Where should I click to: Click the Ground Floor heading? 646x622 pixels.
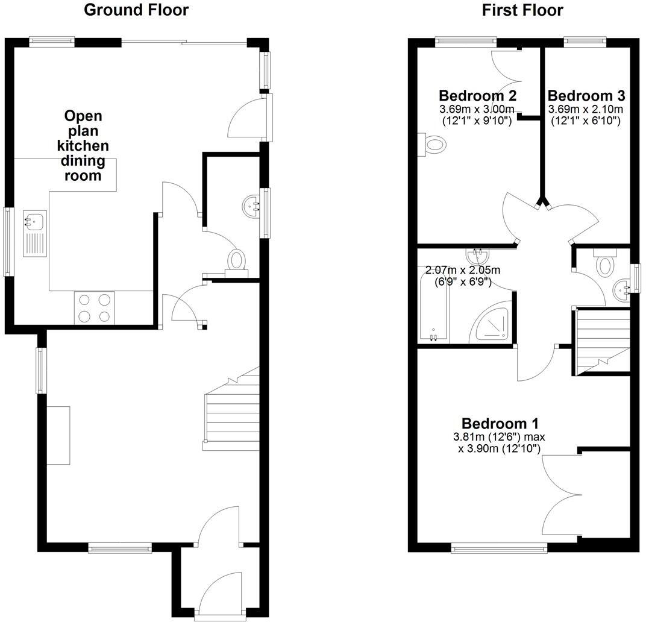click(136, 10)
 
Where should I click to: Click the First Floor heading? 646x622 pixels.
click(522, 10)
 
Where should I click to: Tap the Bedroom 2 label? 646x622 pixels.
click(477, 96)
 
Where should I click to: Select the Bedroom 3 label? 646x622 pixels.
click(586, 96)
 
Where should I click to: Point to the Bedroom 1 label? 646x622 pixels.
click(500, 423)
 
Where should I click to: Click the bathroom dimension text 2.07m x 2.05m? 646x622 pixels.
click(463, 271)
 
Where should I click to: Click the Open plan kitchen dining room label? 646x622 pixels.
click(83, 146)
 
